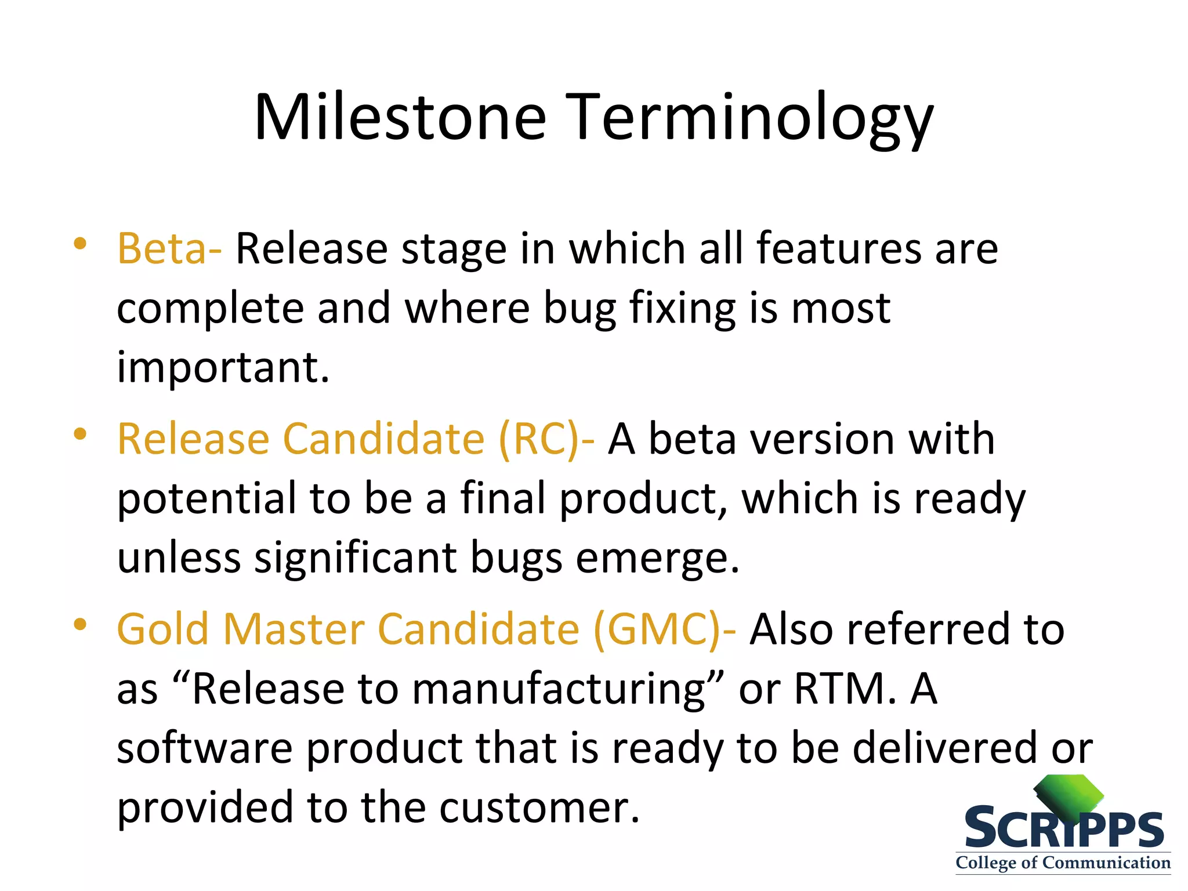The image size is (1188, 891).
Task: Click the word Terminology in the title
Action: (749, 119)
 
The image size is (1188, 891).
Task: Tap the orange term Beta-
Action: (169, 249)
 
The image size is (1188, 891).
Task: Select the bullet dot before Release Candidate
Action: (80, 434)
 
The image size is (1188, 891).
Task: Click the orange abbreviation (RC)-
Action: (546, 439)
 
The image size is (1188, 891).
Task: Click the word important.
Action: (223, 368)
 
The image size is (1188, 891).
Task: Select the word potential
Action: (206, 499)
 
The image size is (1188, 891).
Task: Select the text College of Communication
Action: (1063, 863)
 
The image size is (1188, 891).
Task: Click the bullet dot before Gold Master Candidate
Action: (80, 624)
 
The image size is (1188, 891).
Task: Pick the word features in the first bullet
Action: (838, 249)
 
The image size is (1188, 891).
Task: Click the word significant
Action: (356, 558)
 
